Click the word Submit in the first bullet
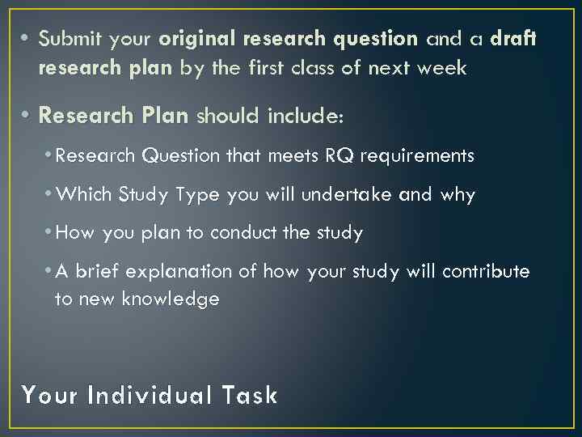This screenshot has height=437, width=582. coord(65,39)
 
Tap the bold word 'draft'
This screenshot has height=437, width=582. coord(513,39)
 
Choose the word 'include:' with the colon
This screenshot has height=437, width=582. coord(306,117)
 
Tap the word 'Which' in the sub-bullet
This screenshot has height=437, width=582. coord(86,194)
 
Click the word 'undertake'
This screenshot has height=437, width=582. coord(374,194)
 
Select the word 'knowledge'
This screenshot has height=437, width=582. coord(171,299)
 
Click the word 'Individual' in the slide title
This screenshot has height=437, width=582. coord(146,396)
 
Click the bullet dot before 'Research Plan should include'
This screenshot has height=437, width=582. coord(27,117)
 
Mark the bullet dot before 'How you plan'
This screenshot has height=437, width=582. coord(49,233)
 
